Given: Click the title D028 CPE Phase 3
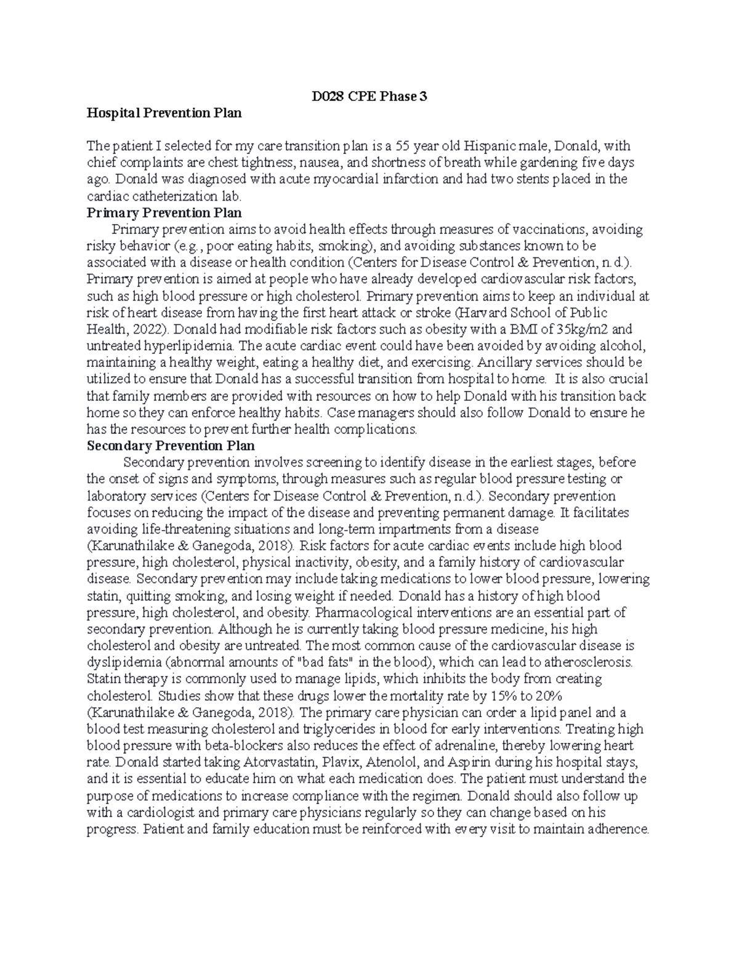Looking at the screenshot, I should click(368, 96).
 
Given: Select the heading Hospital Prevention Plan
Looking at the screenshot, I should click(164, 113).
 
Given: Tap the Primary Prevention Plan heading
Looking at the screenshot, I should click(164, 213).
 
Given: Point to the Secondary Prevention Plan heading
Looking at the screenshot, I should click(171, 446).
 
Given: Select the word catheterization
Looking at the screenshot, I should click(178, 196).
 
